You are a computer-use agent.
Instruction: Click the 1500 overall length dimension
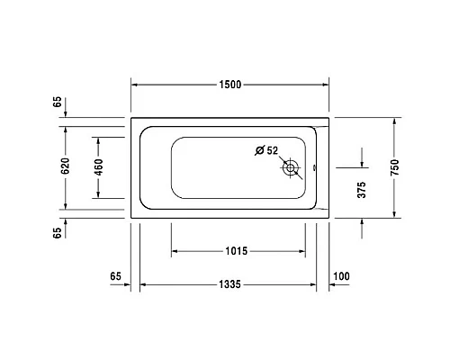tap(229, 84)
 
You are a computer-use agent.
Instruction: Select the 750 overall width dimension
tap(397, 166)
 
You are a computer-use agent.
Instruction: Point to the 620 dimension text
tap(64, 166)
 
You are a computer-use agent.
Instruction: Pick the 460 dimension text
tap(98, 166)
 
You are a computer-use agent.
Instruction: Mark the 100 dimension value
tap(341, 274)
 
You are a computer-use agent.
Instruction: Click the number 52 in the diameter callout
tap(271, 150)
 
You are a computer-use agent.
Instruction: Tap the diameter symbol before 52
tap(258, 150)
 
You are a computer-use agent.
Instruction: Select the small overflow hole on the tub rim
tap(314, 166)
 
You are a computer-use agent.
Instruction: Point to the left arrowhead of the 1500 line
tap(136, 84)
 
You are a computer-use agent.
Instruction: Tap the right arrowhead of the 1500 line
tap(328, 84)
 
